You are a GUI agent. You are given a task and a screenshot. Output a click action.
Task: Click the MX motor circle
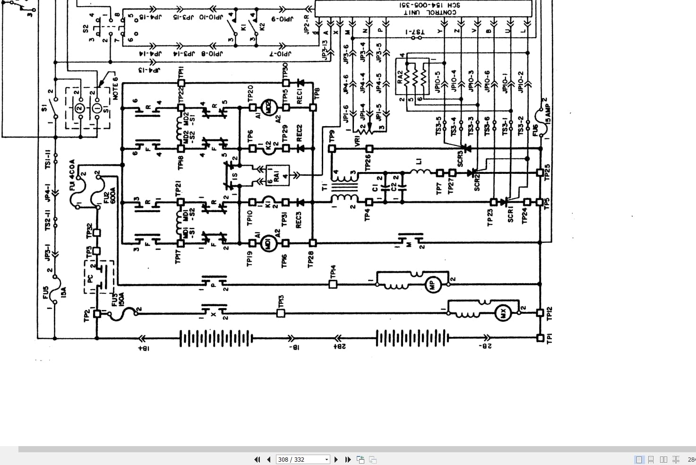pyautogui.click(x=503, y=313)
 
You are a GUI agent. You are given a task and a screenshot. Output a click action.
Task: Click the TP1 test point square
pyautogui.click(x=541, y=338)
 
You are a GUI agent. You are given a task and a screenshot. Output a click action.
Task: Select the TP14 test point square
pyautogui.click(x=333, y=284)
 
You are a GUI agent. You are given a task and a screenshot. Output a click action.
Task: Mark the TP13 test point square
pyautogui.click(x=281, y=313)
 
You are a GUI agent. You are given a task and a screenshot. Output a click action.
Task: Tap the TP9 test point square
pyautogui.click(x=332, y=149)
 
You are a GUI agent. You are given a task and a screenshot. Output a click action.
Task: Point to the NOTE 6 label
pyautogui.click(x=115, y=87)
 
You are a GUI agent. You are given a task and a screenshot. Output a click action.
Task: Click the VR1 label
pyautogui.click(x=358, y=141)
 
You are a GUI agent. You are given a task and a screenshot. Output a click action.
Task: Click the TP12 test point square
pyautogui.click(x=541, y=313)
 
